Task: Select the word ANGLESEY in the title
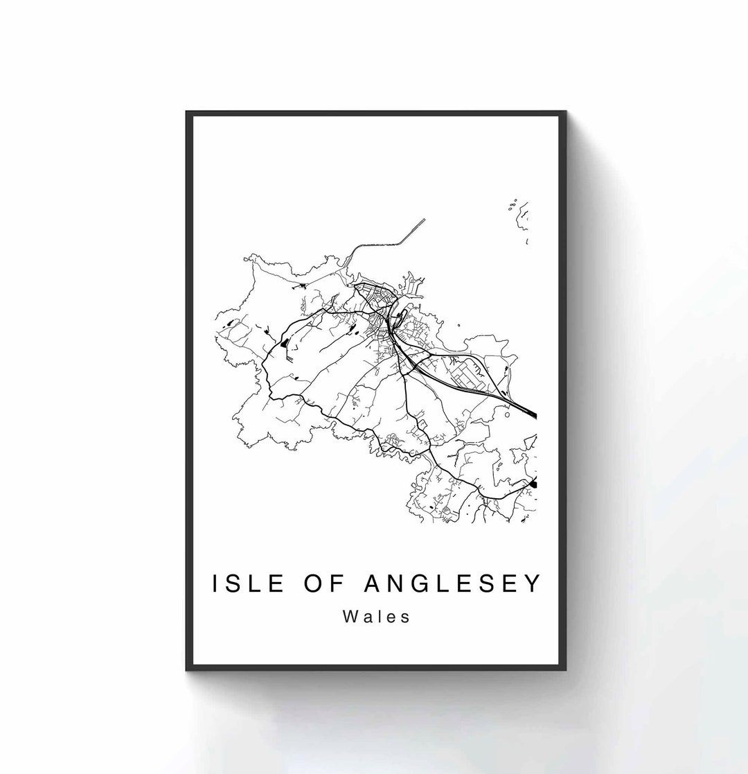[451, 583]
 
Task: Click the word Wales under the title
[376, 616]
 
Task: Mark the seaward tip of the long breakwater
[424, 220]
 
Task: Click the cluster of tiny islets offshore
[513, 205]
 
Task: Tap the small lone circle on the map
[508, 414]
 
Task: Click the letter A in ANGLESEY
[372, 583]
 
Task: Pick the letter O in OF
[311, 583]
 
